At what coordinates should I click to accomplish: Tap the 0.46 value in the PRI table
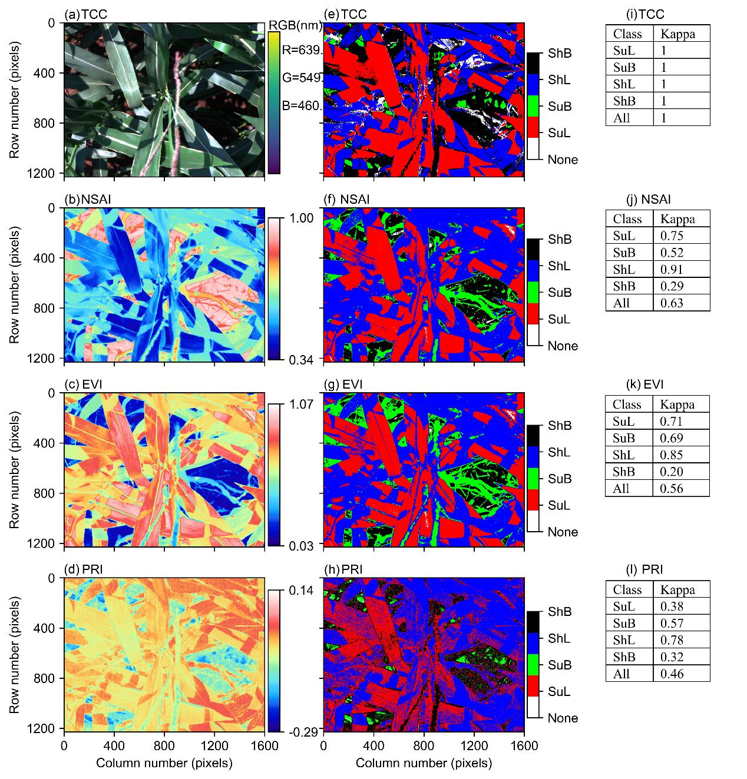672,674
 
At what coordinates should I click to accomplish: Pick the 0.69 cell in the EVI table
672,437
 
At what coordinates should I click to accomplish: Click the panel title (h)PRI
343,569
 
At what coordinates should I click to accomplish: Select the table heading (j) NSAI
650,200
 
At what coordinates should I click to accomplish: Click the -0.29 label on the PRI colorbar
303,731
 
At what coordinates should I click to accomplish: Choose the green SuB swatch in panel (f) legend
533,293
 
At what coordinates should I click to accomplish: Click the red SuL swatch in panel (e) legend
533,133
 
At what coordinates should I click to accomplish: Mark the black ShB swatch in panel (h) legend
533,612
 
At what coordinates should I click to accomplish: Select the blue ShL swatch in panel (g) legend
533,452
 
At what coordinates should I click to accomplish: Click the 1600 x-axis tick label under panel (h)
524,747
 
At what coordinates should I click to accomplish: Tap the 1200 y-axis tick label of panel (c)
45,542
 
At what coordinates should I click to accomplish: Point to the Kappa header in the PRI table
677,589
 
